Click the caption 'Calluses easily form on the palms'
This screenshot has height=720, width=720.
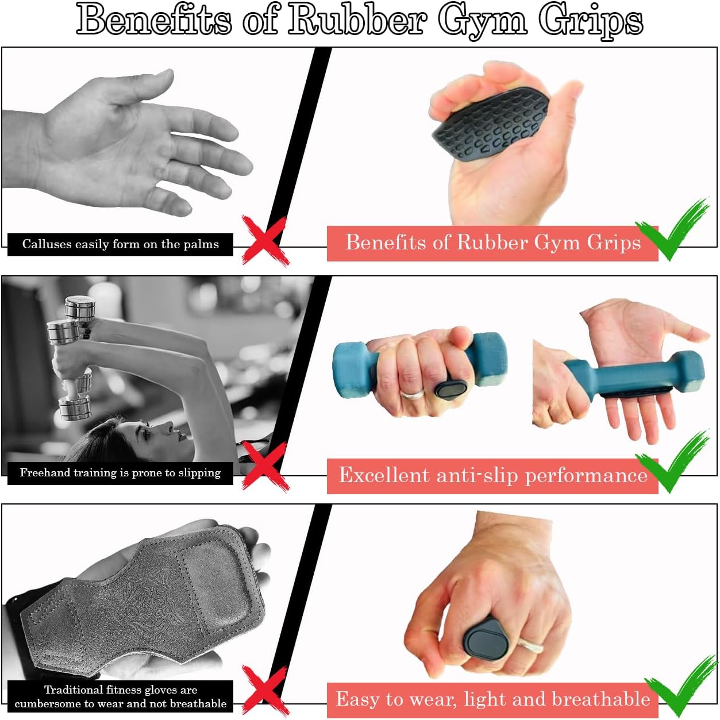pos(120,244)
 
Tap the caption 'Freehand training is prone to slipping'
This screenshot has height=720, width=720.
pos(120,473)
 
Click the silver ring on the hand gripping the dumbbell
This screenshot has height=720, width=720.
pos(412,394)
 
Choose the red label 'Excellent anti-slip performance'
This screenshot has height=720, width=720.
pos(492,476)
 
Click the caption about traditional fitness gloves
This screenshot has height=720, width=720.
pos(120,696)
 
